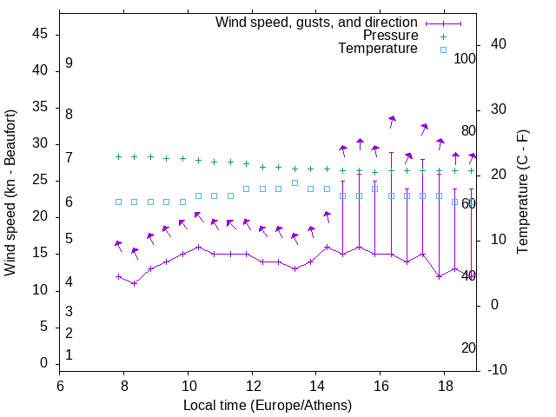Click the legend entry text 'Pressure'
[x=391, y=36]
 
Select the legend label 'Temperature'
[x=378, y=49]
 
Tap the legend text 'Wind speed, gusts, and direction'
[x=317, y=22]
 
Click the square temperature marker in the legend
[x=443, y=50]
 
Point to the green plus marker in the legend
[x=443, y=36]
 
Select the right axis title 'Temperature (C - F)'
[x=522, y=193]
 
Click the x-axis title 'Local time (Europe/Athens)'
[x=268, y=406]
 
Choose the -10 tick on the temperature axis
[x=500, y=370]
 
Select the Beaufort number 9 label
[x=69, y=63]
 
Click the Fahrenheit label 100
[x=465, y=58]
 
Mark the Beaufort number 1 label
[x=69, y=354]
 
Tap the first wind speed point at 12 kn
[x=118, y=276]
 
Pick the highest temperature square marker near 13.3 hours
[x=295, y=182]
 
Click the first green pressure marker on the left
[x=118, y=156]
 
